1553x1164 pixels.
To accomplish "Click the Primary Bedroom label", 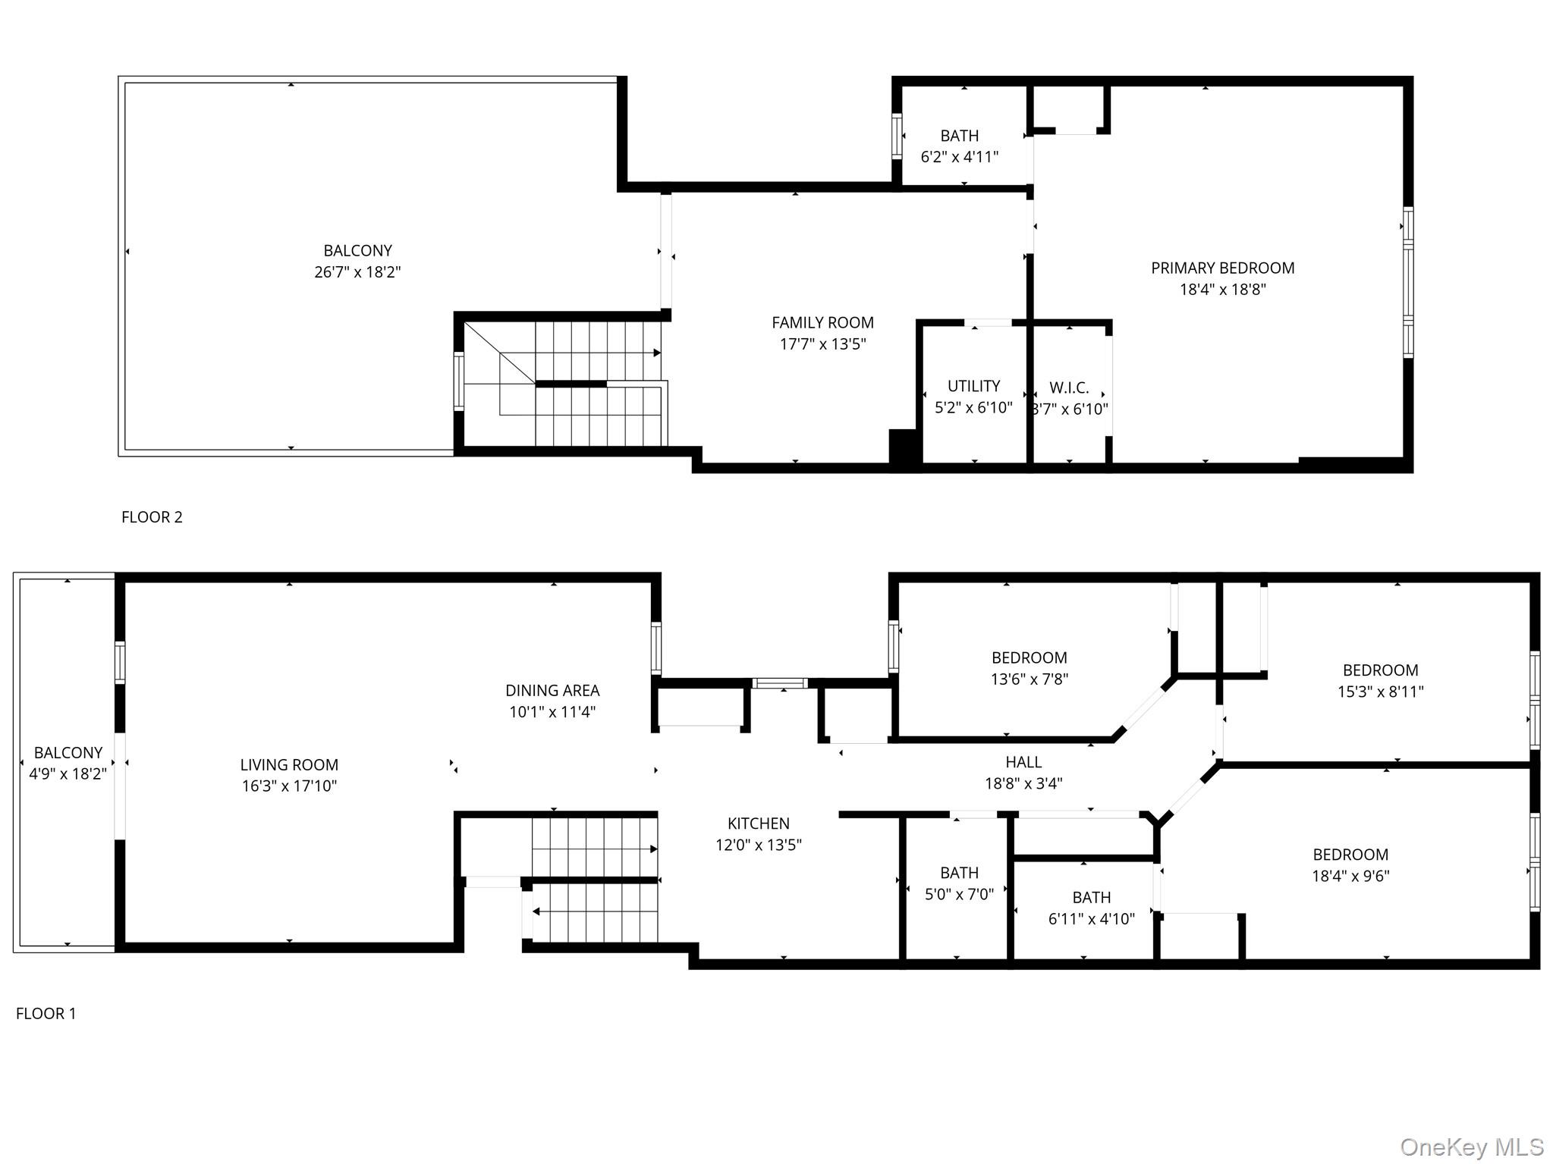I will (x=1222, y=268).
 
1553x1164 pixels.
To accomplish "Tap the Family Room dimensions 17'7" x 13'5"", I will (x=822, y=344).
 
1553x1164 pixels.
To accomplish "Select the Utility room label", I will (x=973, y=386).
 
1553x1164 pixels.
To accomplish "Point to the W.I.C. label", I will (x=1069, y=387).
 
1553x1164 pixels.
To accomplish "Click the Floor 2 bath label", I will (x=959, y=136).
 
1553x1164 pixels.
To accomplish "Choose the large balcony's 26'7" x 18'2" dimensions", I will (x=357, y=271).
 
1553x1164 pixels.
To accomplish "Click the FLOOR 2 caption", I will (x=152, y=517).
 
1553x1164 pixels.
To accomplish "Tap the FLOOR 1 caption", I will (x=46, y=1013).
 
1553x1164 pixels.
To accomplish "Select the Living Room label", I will (x=289, y=764).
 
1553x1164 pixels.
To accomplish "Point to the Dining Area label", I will (x=552, y=690).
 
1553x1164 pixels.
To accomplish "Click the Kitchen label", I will (x=758, y=823).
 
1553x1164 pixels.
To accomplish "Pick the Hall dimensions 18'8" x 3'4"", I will (x=1023, y=783).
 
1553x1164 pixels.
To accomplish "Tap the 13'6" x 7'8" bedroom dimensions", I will (x=1029, y=679).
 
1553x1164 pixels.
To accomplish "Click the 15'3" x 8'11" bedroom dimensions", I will (x=1380, y=692).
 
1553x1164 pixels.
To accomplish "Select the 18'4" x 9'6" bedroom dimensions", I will (x=1350, y=876).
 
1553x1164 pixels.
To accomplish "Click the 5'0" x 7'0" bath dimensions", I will (x=959, y=894).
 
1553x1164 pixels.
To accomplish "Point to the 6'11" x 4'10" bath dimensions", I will (x=1091, y=919).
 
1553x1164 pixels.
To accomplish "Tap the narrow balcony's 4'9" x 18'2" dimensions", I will (x=68, y=774).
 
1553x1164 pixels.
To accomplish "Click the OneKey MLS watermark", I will (x=1471, y=1147).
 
